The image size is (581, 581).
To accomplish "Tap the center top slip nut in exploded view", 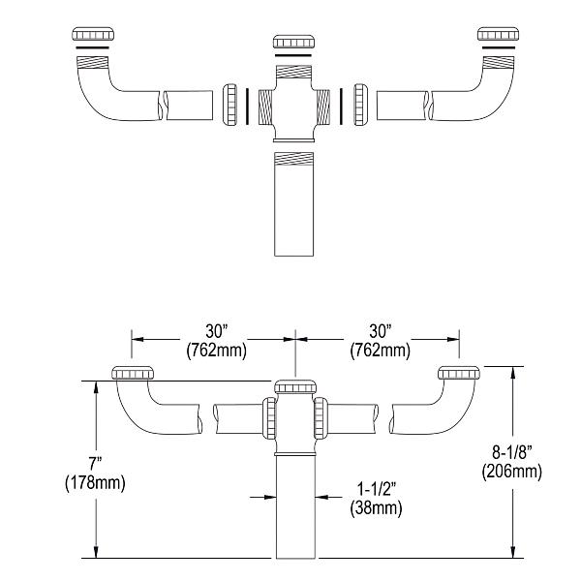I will [x=292, y=41].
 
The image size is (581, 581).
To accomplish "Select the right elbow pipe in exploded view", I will [x=474, y=97].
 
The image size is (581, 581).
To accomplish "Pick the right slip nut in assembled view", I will [x=459, y=375].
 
